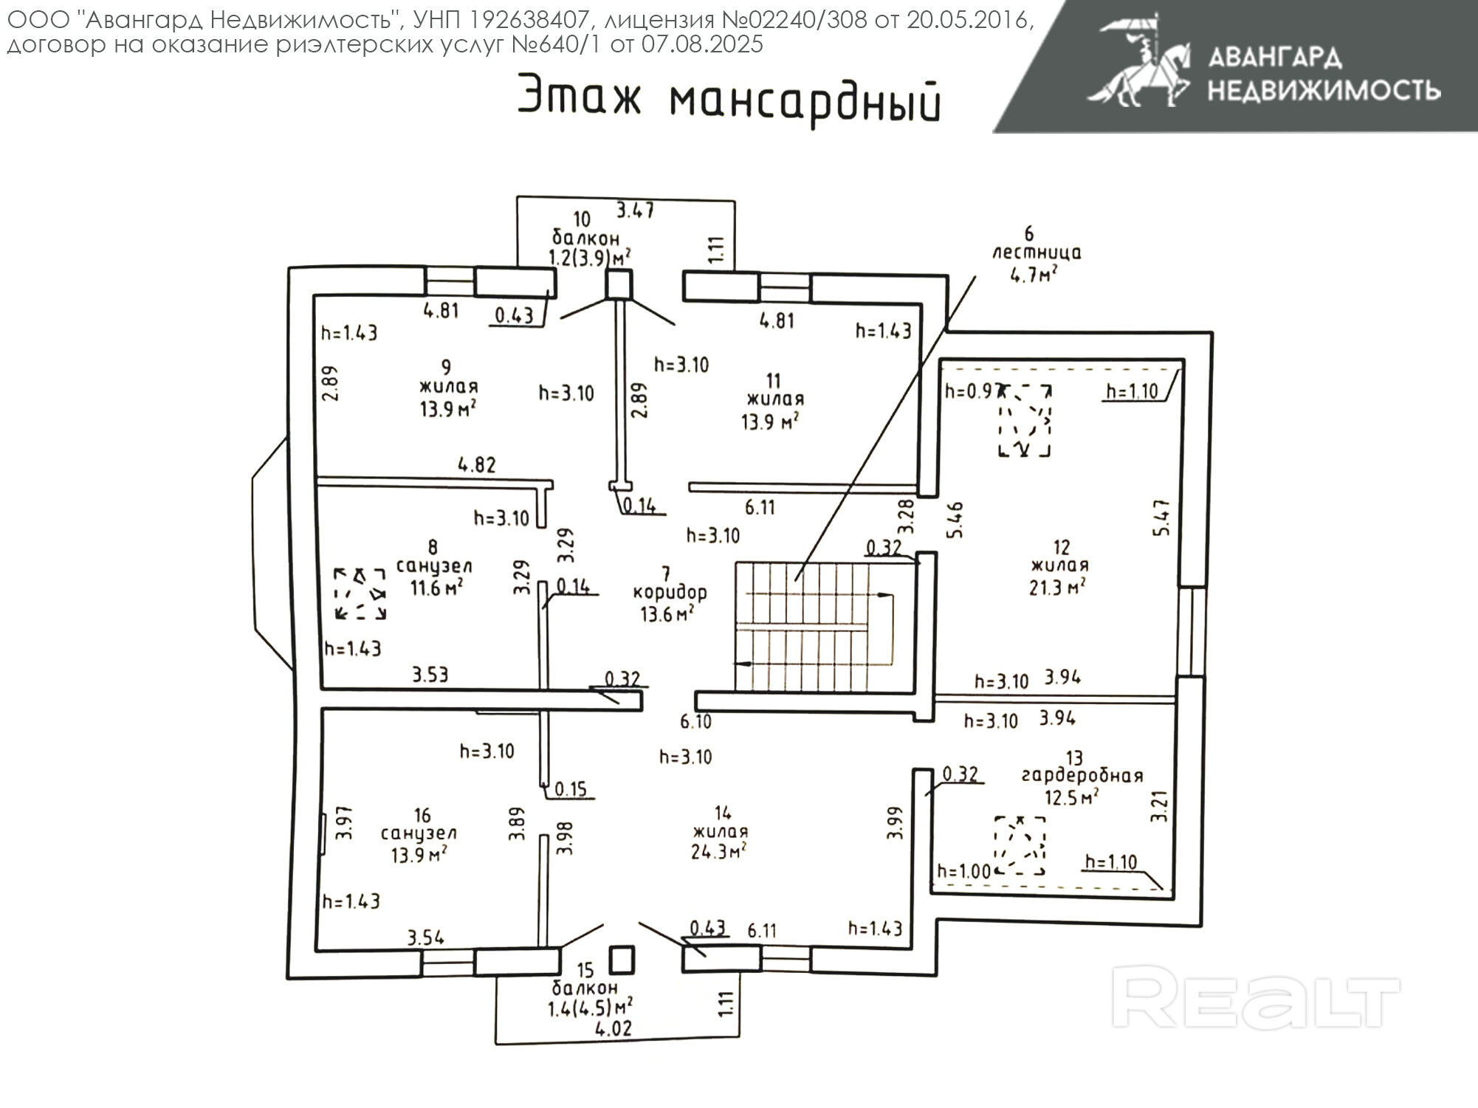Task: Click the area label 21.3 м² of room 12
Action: (x=1058, y=588)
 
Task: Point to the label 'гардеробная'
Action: (x=1082, y=776)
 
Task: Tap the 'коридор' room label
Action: (x=670, y=593)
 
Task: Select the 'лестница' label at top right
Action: (x=1036, y=253)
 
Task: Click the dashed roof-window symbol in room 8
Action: (x=360, y=593)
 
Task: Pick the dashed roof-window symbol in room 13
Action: (x=1020, y=845)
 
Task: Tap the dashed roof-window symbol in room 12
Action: (x=1025, y=420)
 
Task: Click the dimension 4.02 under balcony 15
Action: (x=613, y=1028)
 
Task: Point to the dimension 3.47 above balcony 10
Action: (x=635, y=210)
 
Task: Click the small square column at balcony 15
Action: (x=622, y=960)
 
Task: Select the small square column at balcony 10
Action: (x=619, y=284)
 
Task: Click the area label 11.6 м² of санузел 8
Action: (x=436, y=588)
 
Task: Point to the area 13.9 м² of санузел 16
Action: (x=421, y=854)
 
